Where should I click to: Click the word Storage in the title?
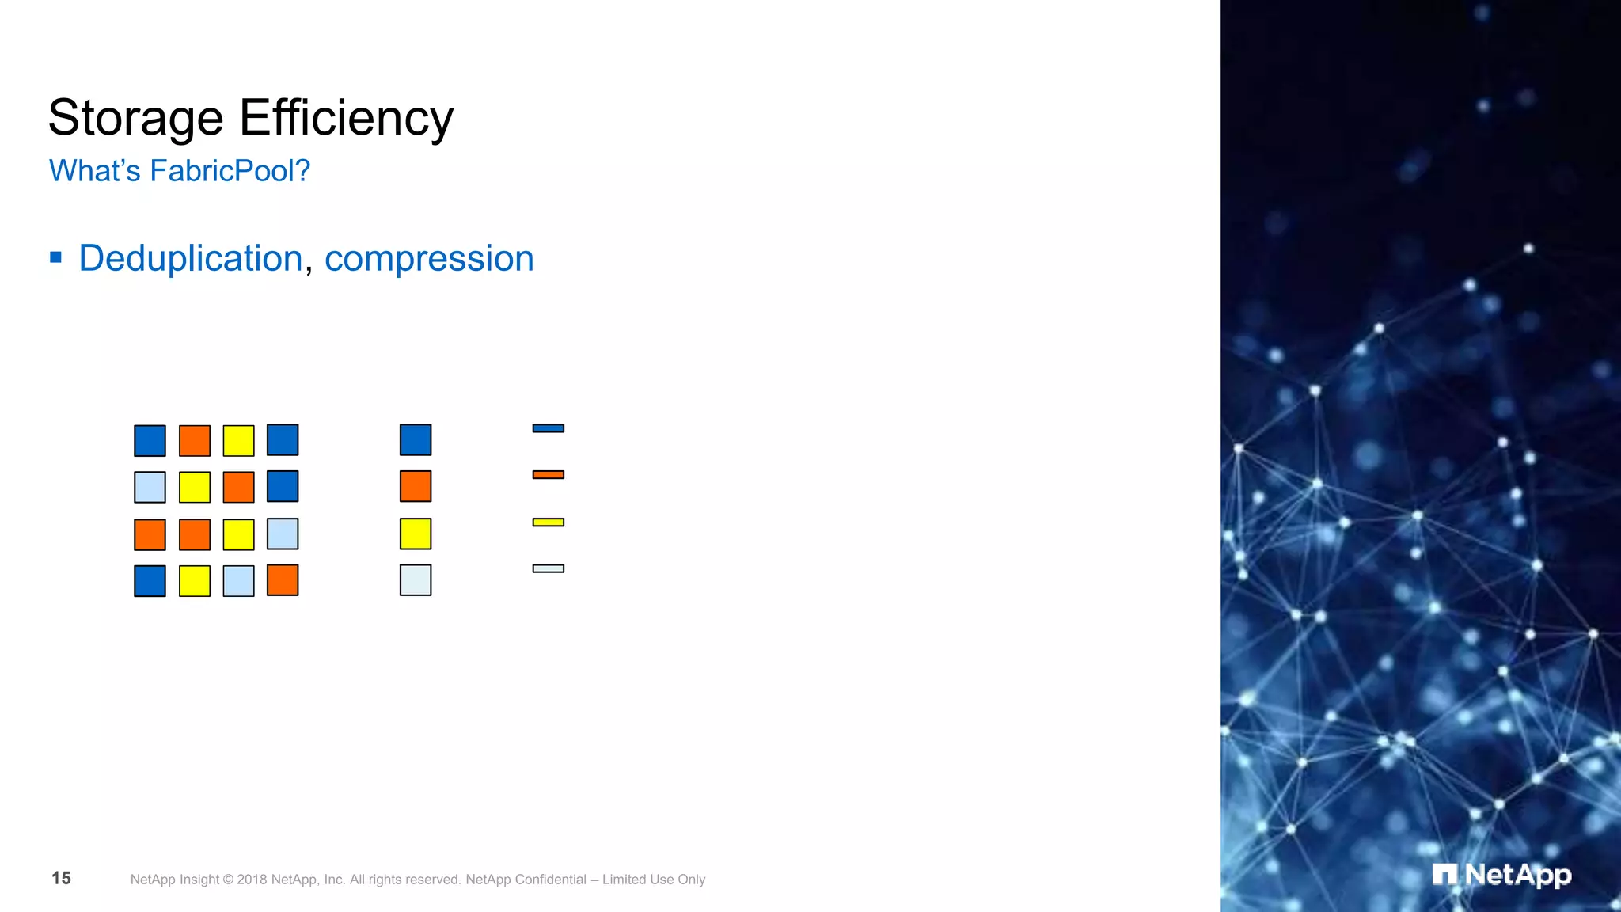[x=135, y=119]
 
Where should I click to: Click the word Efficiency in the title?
[x=346, y=119]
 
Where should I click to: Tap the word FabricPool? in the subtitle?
[x=230, y=171]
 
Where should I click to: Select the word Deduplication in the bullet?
[x=191, y=259]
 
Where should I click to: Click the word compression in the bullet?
[x=429, y=259]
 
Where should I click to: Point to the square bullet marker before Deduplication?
[x=55, y=256]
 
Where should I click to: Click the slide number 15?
[x=61, y=878]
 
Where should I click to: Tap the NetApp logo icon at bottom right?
[x=1444, y=875]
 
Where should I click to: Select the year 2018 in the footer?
[x=252, y=880]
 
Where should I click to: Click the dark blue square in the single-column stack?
[x=416, y=440]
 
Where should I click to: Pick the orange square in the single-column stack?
[x=416, y=486]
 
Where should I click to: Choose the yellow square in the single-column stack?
[x=416, y=534]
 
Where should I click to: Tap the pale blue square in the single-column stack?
[x=416, y=580]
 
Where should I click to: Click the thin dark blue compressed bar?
[x=548, y=428]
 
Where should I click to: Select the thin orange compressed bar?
[x=548, y=475]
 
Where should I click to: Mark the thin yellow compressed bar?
[x=548, y=522]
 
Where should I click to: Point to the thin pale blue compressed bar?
[x=548, y=568]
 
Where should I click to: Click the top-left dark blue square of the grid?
[x=150, y=441]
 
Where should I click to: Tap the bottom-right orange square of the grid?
[x=283, y=580]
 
